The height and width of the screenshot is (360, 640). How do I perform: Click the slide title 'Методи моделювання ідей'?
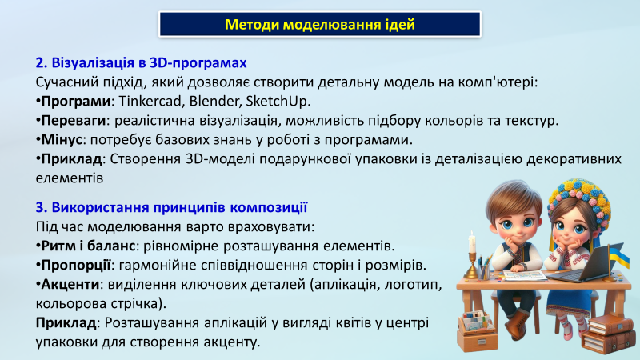tap(319, 25)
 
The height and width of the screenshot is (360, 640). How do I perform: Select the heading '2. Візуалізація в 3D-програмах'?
tap(142, 63)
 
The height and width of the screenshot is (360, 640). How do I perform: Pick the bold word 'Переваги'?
tap(74, 121)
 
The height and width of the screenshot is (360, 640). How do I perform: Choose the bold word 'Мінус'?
tap(62, 140)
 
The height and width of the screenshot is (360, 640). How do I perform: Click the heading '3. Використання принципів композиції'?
tap(171, 207)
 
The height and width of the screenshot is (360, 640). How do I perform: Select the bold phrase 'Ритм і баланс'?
tap(88, 246)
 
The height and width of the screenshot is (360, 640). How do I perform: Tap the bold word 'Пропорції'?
tap(76, 266)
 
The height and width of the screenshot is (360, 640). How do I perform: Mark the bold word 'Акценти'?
tap(70, 284)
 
